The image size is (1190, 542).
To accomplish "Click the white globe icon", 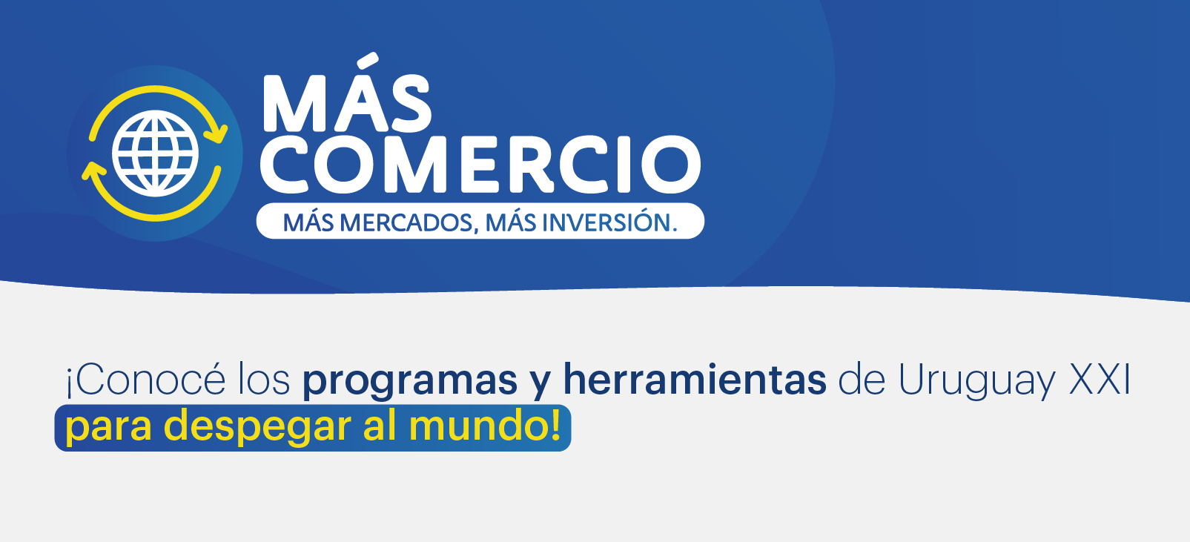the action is click(155, 153).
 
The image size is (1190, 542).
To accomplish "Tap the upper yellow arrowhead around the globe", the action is click(216, 133).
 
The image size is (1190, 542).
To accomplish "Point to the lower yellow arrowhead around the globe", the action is click(93, 173).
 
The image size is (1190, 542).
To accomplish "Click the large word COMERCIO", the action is click(480, 164).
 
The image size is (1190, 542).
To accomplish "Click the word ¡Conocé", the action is click(145, 380).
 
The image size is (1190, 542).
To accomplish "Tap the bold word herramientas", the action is click(695, 379).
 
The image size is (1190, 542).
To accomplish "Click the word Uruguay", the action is click(976, 382).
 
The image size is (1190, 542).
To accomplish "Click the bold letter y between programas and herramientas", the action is click(541, 386).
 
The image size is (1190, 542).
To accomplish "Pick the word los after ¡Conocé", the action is click(264, 380).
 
